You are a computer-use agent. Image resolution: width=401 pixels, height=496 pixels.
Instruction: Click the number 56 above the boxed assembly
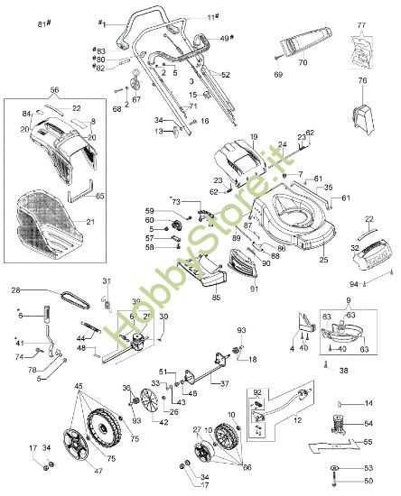pos(54,91)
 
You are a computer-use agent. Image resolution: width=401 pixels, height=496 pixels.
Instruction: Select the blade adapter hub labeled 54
pos(344,423)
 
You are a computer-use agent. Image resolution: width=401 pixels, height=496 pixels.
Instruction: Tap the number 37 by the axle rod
pos(224,382)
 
